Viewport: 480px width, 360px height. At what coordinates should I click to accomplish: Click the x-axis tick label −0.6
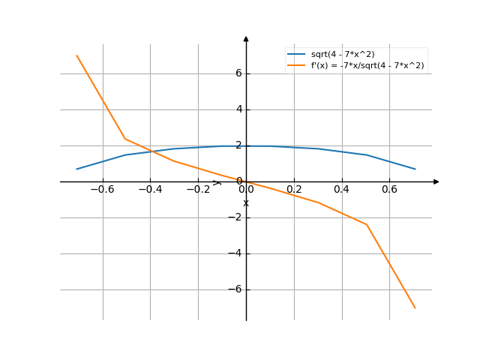(102, 190)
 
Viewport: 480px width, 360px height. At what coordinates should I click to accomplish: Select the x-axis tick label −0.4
(150, 190)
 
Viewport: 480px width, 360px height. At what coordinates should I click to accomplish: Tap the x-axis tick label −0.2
(198, 190)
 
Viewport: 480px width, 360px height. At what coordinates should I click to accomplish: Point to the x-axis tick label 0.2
(294, 190)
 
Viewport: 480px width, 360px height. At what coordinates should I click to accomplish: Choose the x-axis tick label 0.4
(342, 190)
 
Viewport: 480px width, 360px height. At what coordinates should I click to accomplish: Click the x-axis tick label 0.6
(389, 190)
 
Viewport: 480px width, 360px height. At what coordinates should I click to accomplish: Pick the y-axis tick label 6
(238, 73)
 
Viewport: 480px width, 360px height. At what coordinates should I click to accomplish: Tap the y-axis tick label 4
(238, 109)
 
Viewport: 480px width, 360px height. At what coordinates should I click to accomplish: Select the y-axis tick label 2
(238, 145)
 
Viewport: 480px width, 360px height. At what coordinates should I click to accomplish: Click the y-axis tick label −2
(235, 217)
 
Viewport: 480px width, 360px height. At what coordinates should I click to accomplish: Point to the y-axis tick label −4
(235, 253)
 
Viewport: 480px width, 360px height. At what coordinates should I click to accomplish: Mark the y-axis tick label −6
(235, 289)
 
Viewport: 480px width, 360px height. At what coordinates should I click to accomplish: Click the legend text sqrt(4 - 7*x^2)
(343, 55)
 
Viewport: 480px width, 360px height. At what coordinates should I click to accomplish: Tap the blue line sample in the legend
(296, 55)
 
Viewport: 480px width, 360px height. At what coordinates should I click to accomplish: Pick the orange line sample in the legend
(296, 65)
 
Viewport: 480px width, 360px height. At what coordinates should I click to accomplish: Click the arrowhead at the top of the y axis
(246, 38)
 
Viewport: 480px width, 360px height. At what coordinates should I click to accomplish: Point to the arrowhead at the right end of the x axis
(436, 181)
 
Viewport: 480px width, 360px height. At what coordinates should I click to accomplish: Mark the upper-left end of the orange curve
(76, 55)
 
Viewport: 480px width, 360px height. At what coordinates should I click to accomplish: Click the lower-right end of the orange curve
(415, 308)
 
